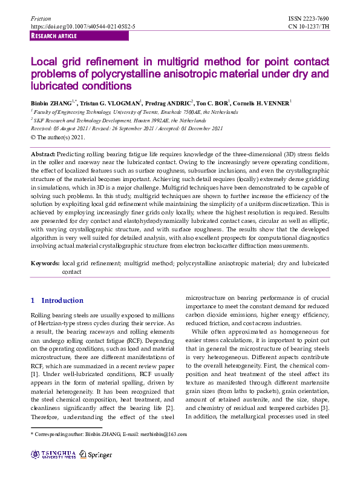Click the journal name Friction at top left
[40, 19]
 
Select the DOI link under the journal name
[83, 27]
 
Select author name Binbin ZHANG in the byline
[52, 103]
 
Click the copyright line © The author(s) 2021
[58, 137]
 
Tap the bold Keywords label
[45, 264]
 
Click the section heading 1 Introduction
[57, 300]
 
